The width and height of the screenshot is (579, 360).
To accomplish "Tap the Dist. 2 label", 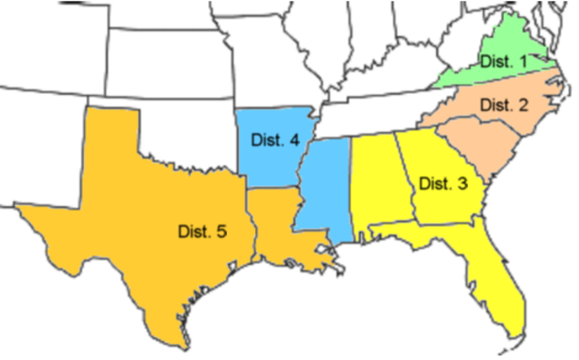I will (x=504, y=105).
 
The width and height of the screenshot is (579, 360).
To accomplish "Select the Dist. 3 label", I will (x=443, y=184).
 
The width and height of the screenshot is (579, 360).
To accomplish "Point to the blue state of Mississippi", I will (x=323, y=185).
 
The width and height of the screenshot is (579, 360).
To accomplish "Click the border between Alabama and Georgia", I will (x=408, y=181).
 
